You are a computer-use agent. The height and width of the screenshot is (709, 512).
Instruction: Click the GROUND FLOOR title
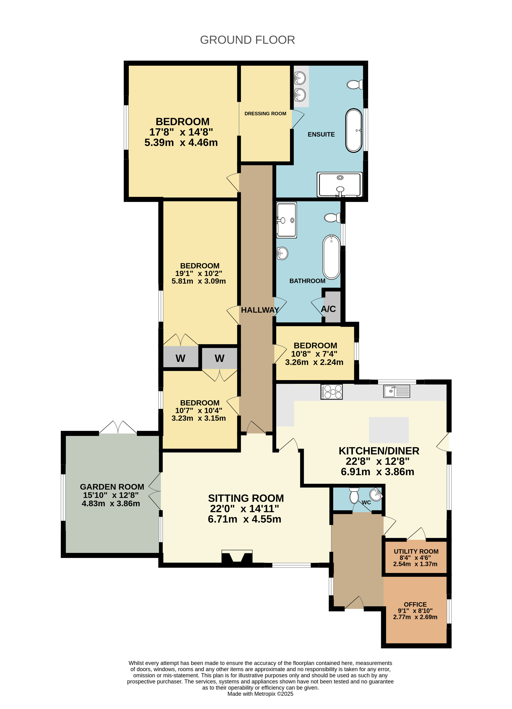[247, 40]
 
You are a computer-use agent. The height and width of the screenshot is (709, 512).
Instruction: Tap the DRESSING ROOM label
[265, 114]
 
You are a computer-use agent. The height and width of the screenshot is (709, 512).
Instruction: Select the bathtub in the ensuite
[354, 130]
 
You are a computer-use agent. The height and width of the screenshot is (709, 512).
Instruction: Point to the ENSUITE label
[321, 134]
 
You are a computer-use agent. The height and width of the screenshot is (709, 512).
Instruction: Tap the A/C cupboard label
[328, 309]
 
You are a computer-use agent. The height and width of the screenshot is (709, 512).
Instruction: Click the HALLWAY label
[260, 310]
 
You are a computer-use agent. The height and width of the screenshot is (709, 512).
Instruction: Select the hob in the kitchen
[332, 392]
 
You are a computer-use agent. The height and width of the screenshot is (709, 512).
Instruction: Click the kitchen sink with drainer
[396, 391]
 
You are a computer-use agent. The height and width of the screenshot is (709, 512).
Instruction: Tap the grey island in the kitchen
[389, 430]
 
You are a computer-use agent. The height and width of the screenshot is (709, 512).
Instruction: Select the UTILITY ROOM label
[416, 551]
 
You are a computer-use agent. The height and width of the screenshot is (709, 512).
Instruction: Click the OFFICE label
[415, 604]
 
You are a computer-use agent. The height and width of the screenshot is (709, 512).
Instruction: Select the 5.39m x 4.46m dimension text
[181, 143]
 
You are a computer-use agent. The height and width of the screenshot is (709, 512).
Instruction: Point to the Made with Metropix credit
[260, 694]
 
